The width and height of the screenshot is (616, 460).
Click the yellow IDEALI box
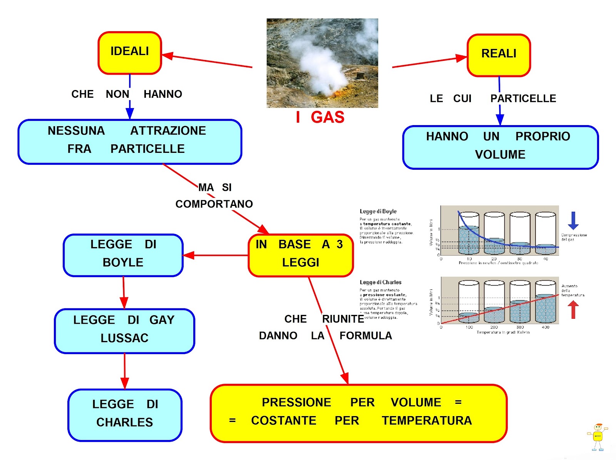click(129, 53)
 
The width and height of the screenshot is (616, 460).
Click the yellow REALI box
click(499, 55)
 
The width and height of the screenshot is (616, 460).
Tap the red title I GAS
click(320, 117)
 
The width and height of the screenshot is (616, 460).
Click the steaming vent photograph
click(322, 63)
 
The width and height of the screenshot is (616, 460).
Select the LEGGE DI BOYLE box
click(123, 255)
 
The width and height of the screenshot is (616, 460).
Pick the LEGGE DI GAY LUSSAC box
click(124, 331)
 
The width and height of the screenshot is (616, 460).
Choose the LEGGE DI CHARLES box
click(124, 415)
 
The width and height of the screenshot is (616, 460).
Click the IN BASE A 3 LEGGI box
click(300, 255)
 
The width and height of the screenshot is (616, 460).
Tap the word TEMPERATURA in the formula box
click(427, 420)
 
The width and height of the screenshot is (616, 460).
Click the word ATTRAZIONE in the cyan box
click(168, 131)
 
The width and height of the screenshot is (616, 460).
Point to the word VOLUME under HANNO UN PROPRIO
click(500, 155)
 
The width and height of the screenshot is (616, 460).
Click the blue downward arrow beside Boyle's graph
click(573, 221)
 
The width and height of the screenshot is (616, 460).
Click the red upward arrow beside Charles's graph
click(573, 309)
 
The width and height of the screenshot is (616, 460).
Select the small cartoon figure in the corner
click(597, 437)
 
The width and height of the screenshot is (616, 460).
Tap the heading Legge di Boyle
click(378, 211)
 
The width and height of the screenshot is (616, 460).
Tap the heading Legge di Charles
click(380, 282)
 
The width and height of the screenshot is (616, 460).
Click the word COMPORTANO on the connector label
click(214, 204)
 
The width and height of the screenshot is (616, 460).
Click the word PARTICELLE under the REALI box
click(523, 99)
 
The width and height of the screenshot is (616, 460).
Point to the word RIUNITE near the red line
click(343, 319)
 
